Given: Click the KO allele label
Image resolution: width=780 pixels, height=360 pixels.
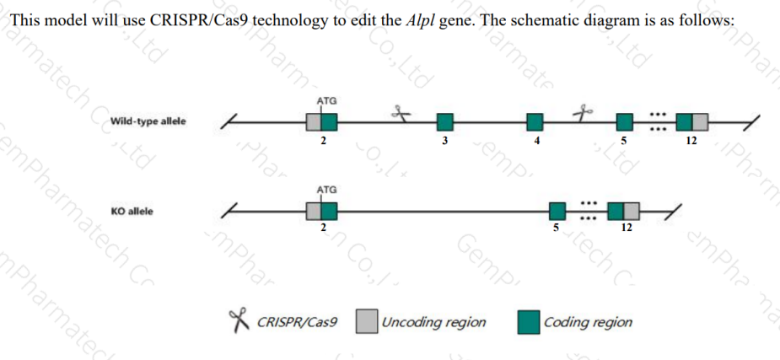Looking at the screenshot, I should point(132,211).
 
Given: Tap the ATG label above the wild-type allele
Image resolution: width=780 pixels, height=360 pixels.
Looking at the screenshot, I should point(327,100).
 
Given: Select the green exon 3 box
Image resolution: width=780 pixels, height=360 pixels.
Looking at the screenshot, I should point(444,123).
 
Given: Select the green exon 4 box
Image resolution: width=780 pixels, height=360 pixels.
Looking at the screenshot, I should point(535,123).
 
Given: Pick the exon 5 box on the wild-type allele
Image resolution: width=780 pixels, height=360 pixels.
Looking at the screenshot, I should point(624,123).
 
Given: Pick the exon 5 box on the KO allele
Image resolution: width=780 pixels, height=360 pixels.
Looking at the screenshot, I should point(557,211).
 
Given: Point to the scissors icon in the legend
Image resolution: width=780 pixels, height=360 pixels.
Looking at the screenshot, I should point(239,320).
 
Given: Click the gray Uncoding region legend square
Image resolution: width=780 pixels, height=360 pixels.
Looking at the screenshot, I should point(367,321).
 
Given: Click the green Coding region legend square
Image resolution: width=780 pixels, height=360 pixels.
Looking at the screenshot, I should point(529,321).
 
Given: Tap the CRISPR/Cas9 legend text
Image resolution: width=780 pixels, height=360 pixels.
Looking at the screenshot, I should point(296,322).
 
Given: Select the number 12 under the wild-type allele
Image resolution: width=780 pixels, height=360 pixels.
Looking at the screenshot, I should point(691,142).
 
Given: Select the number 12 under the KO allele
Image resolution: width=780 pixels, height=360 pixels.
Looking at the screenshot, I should point(625,228).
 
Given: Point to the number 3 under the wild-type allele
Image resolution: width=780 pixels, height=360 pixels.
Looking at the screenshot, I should point(444,142).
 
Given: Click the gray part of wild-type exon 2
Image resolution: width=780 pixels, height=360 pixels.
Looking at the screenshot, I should point(314,123).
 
